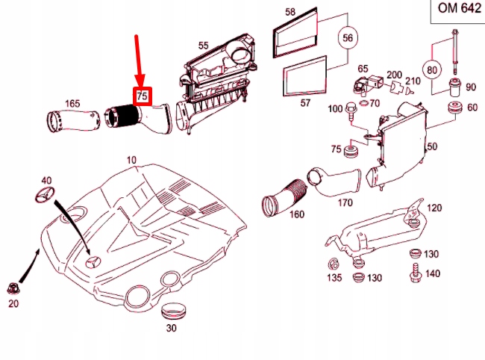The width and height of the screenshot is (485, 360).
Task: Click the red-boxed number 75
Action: coord(142,96)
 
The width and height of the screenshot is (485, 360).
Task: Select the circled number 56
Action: coord(347,37)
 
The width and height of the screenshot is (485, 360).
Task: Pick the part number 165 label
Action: coord(72,102)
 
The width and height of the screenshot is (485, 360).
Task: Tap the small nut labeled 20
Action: coord(13,287)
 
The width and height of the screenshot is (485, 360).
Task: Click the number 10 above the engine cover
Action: coord(131,160)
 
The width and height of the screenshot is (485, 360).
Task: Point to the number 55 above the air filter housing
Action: coord(203,46)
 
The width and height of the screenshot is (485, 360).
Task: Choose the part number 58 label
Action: coord(290,12)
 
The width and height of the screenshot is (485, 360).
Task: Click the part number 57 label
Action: coord(304,103)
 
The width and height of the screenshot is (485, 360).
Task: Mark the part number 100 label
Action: coord(335,110)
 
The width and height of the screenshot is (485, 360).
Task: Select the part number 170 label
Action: coord(345,202)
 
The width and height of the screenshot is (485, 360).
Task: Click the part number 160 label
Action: coord(296,215)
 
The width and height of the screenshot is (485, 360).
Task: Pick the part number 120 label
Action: coord(434,207)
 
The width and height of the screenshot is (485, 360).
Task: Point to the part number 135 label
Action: coord(334,278)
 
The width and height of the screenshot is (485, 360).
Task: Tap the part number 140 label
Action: coord(431,274)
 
